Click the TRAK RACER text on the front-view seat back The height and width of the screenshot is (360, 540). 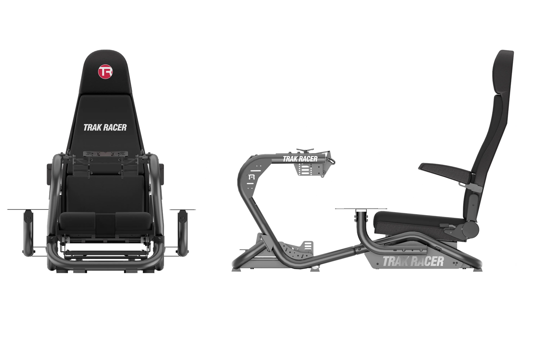(105, 127)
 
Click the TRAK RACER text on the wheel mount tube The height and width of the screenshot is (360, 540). (300, 159)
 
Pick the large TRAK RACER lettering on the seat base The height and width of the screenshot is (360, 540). (412, 261)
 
